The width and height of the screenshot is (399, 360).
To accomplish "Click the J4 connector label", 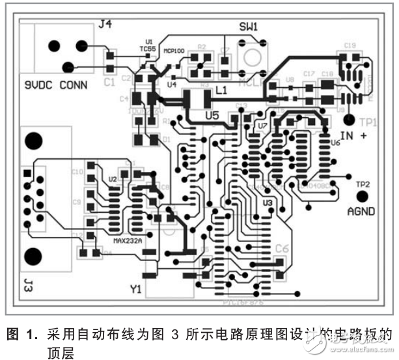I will coord(105,25).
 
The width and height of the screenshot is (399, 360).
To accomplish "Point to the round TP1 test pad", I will coord(350,120).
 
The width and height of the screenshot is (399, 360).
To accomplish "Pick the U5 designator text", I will coord(212,115).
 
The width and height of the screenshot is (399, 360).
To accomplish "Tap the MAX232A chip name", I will coord(128,240).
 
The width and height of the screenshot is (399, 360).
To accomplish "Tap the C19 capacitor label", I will coord(350,45).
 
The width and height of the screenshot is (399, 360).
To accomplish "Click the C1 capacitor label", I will coord(109,83).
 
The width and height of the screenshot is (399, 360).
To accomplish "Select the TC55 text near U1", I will coord(148,48).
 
